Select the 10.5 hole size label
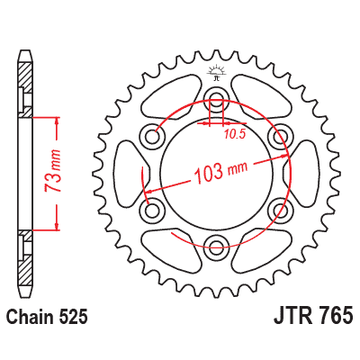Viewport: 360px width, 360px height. (235, 135)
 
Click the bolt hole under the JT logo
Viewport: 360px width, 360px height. (216, 99)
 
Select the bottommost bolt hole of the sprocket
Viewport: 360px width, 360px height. (216, 242)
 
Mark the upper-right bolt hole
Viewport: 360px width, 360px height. (278, 135)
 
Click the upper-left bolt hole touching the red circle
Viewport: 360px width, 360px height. (154, 135)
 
